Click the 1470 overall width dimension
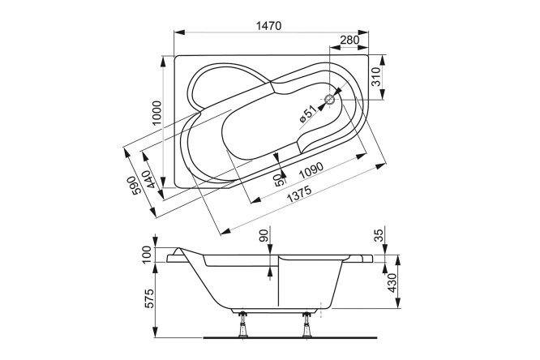(x=269, y=26)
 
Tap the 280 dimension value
(x=349, y=40)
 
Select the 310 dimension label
(x=377, y=76)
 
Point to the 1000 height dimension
(x=156, y=113)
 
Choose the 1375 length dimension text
(x=299, y=194)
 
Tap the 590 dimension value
(x=135, y=186)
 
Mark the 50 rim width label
(x=281, y=180)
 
